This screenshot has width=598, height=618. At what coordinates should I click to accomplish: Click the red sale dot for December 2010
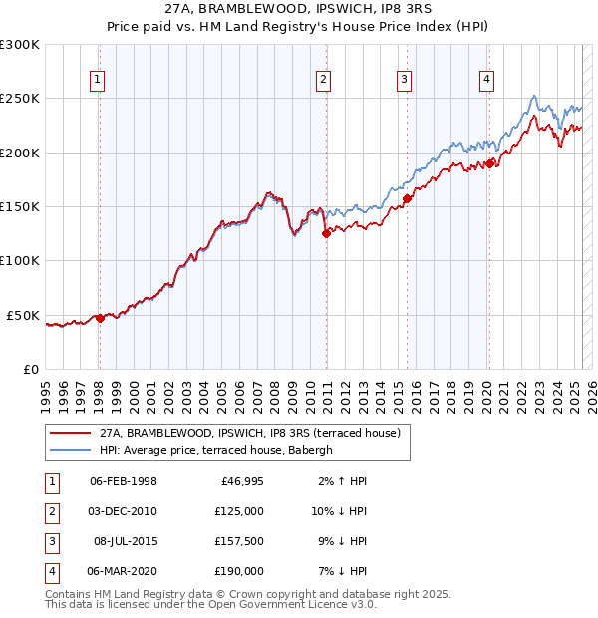[326, 234]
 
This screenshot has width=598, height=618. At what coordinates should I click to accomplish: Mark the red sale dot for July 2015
[407, 198]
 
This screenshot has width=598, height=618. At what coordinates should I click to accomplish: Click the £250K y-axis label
[20, 99]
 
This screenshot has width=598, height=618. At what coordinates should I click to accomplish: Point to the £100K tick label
[20, 260]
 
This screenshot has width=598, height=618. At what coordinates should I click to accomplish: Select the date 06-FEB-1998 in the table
[124, 481]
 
